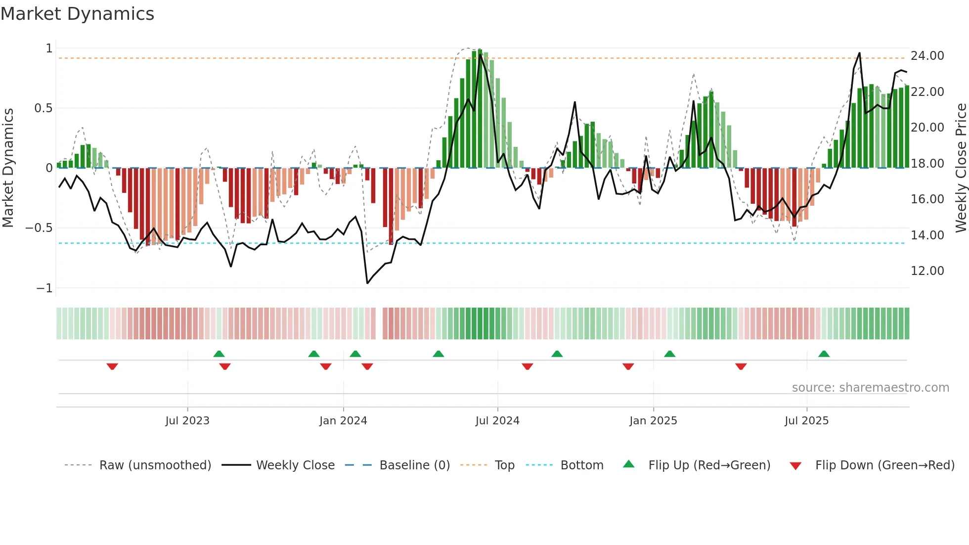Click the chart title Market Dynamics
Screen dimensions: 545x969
(x=77, y=14)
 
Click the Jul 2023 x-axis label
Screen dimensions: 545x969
(x=187, y=421)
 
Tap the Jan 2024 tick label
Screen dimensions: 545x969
(x=343, y=421)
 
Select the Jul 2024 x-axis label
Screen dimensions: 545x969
(x=497, y=421)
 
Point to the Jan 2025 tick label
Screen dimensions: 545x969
(x=653, y=421)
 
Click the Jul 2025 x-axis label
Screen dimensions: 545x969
(x=806, y=421)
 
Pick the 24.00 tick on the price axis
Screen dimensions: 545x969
(x=927, y=56)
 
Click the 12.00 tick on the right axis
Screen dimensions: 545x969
(x=927, y=271)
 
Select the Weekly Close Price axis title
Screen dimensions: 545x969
(x=961, y=168)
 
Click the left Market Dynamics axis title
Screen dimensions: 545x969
(x=8, y=168)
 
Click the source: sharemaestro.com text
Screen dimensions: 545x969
(x=870, y=388)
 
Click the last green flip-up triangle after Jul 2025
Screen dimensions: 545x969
(x=824, y=354)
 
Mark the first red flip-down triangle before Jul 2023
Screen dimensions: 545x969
(x=112, y=366)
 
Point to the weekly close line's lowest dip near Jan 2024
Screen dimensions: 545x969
(x=367, y=283)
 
